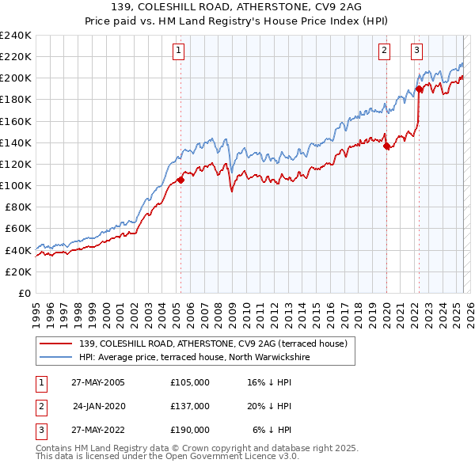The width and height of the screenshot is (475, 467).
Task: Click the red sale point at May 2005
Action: (180, 180)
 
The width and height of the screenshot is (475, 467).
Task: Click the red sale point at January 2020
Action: (386, 146)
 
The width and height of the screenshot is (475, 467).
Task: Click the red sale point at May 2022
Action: (420, 89)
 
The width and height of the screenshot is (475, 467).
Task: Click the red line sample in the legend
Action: (56, 343)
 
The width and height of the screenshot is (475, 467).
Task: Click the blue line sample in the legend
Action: (56, 357)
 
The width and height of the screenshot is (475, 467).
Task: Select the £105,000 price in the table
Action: (189, 382)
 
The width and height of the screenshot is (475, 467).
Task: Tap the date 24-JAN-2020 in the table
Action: (99, 406)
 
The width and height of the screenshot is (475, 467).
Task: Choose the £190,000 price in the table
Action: (189, 431)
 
